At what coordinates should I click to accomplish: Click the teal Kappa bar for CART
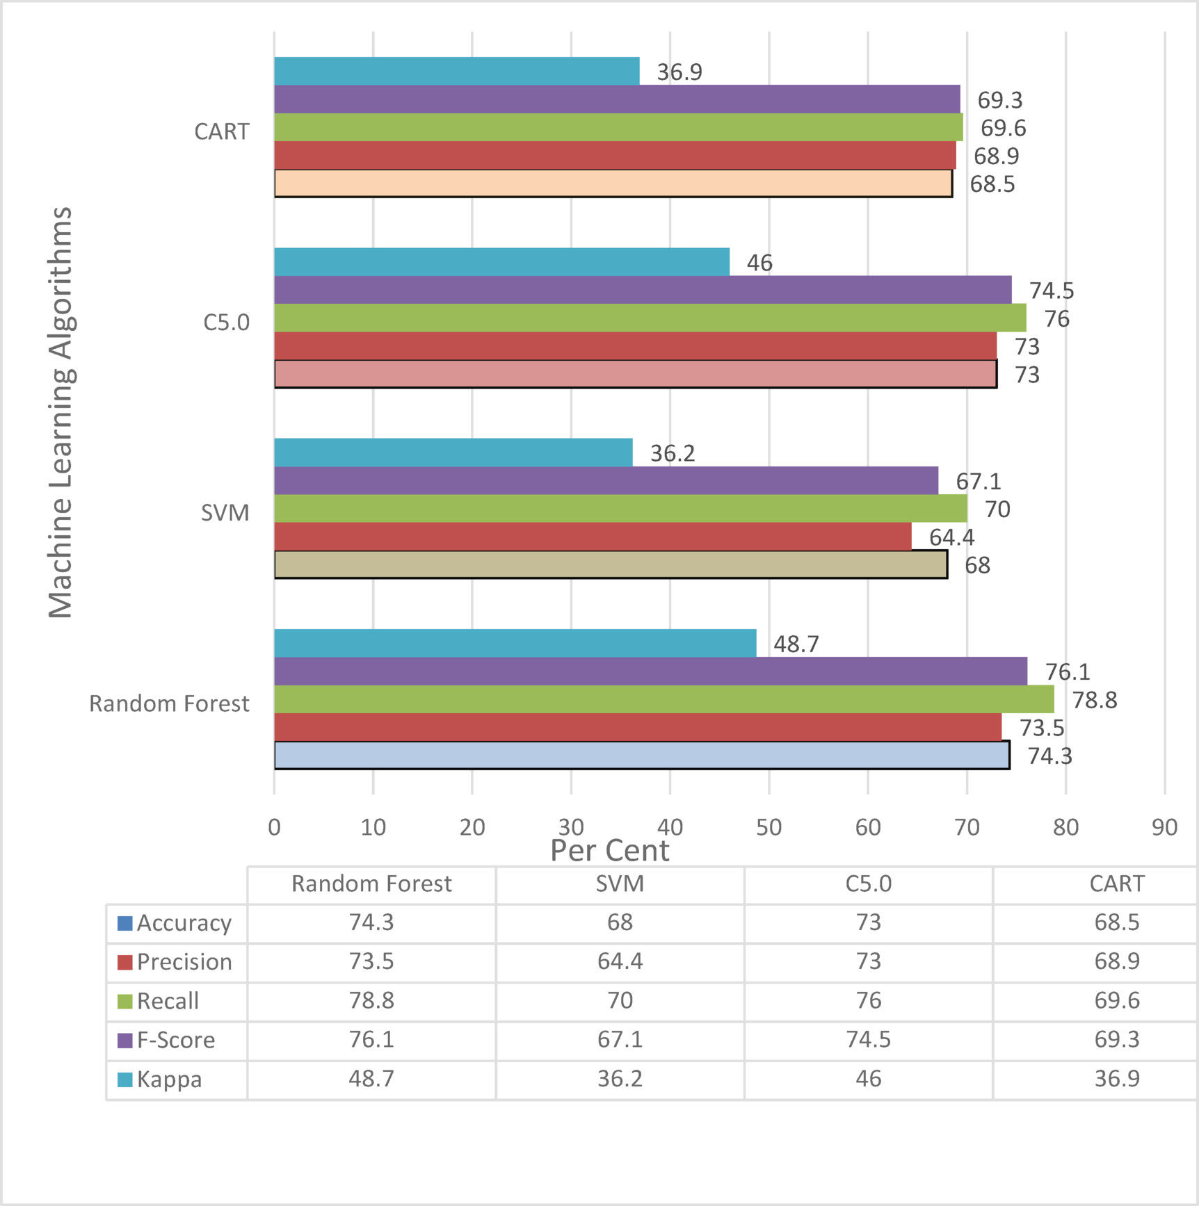coord(456,71)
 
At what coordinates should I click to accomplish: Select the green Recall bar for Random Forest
coord(663,699)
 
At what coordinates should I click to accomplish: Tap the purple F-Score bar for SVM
coord(606,480)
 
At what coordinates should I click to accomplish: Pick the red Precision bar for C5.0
coord(635,345)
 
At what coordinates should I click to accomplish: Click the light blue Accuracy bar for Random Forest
coord(641,755)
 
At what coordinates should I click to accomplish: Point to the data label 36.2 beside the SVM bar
coord(672,453)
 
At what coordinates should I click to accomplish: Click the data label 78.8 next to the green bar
coord(1094,700)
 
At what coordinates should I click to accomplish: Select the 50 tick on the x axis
coord(769,827)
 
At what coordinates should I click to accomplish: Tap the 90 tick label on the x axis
coord(1164,827)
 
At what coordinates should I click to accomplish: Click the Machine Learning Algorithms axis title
coord(61,411)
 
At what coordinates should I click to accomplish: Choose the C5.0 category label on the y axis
coord(226,323)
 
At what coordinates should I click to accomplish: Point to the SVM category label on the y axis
coord(225,513)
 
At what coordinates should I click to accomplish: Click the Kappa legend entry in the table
coord(169,1079)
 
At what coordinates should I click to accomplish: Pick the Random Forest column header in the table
coord(371,883)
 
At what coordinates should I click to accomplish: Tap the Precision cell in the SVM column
coord(620,961)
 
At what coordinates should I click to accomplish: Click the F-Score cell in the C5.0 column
coord(868,1039)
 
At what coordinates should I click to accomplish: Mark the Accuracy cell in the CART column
coord(1116,922)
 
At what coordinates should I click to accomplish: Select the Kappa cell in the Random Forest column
coord(371,1079)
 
